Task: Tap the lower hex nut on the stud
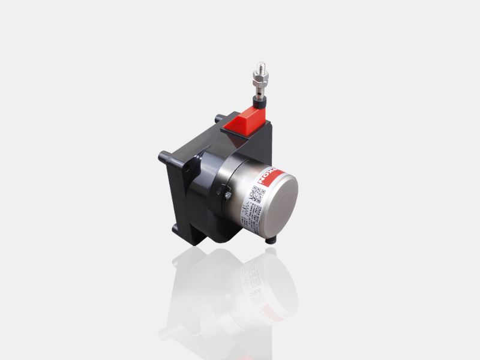pyautogui.click(x=262, y=83)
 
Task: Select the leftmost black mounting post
pyautogui.click(x=163, y=158)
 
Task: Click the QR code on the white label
pyautogui.click(x=257, y=195)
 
